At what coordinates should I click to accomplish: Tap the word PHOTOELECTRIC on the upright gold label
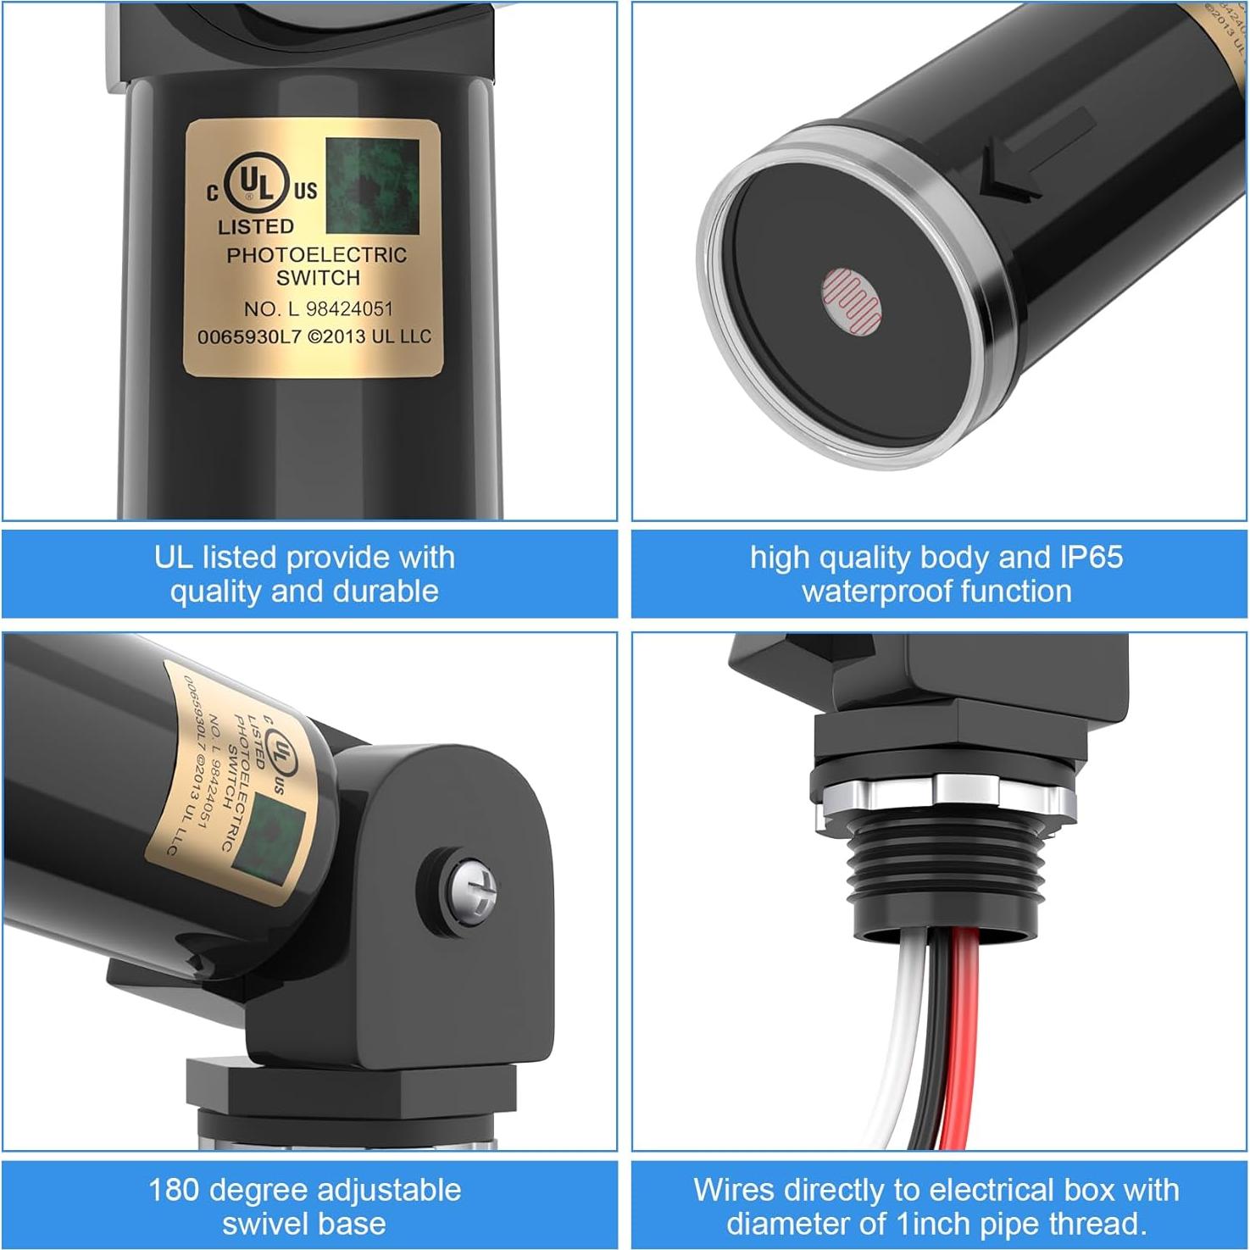pyautogui.click(x=316, y=255)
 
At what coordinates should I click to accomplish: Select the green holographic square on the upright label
pyautogui.click(x=372, y=186)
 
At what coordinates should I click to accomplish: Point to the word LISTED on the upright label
pyautogui.click(x=256, y=227)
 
